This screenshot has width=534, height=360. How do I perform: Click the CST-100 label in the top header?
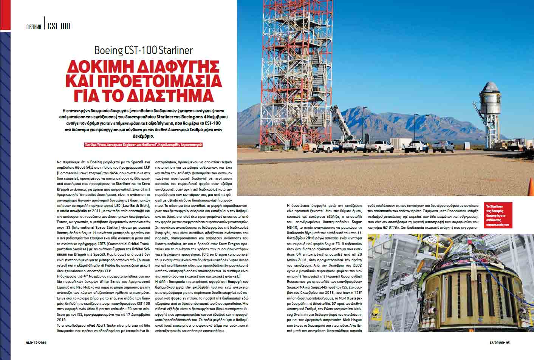pyautogui.click(x=59, y=26)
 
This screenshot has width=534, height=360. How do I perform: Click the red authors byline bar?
pyautogui.click(x=143, y=145)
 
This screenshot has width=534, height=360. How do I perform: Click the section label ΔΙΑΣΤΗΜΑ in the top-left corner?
pyautogui.click(x=34, y=27)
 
